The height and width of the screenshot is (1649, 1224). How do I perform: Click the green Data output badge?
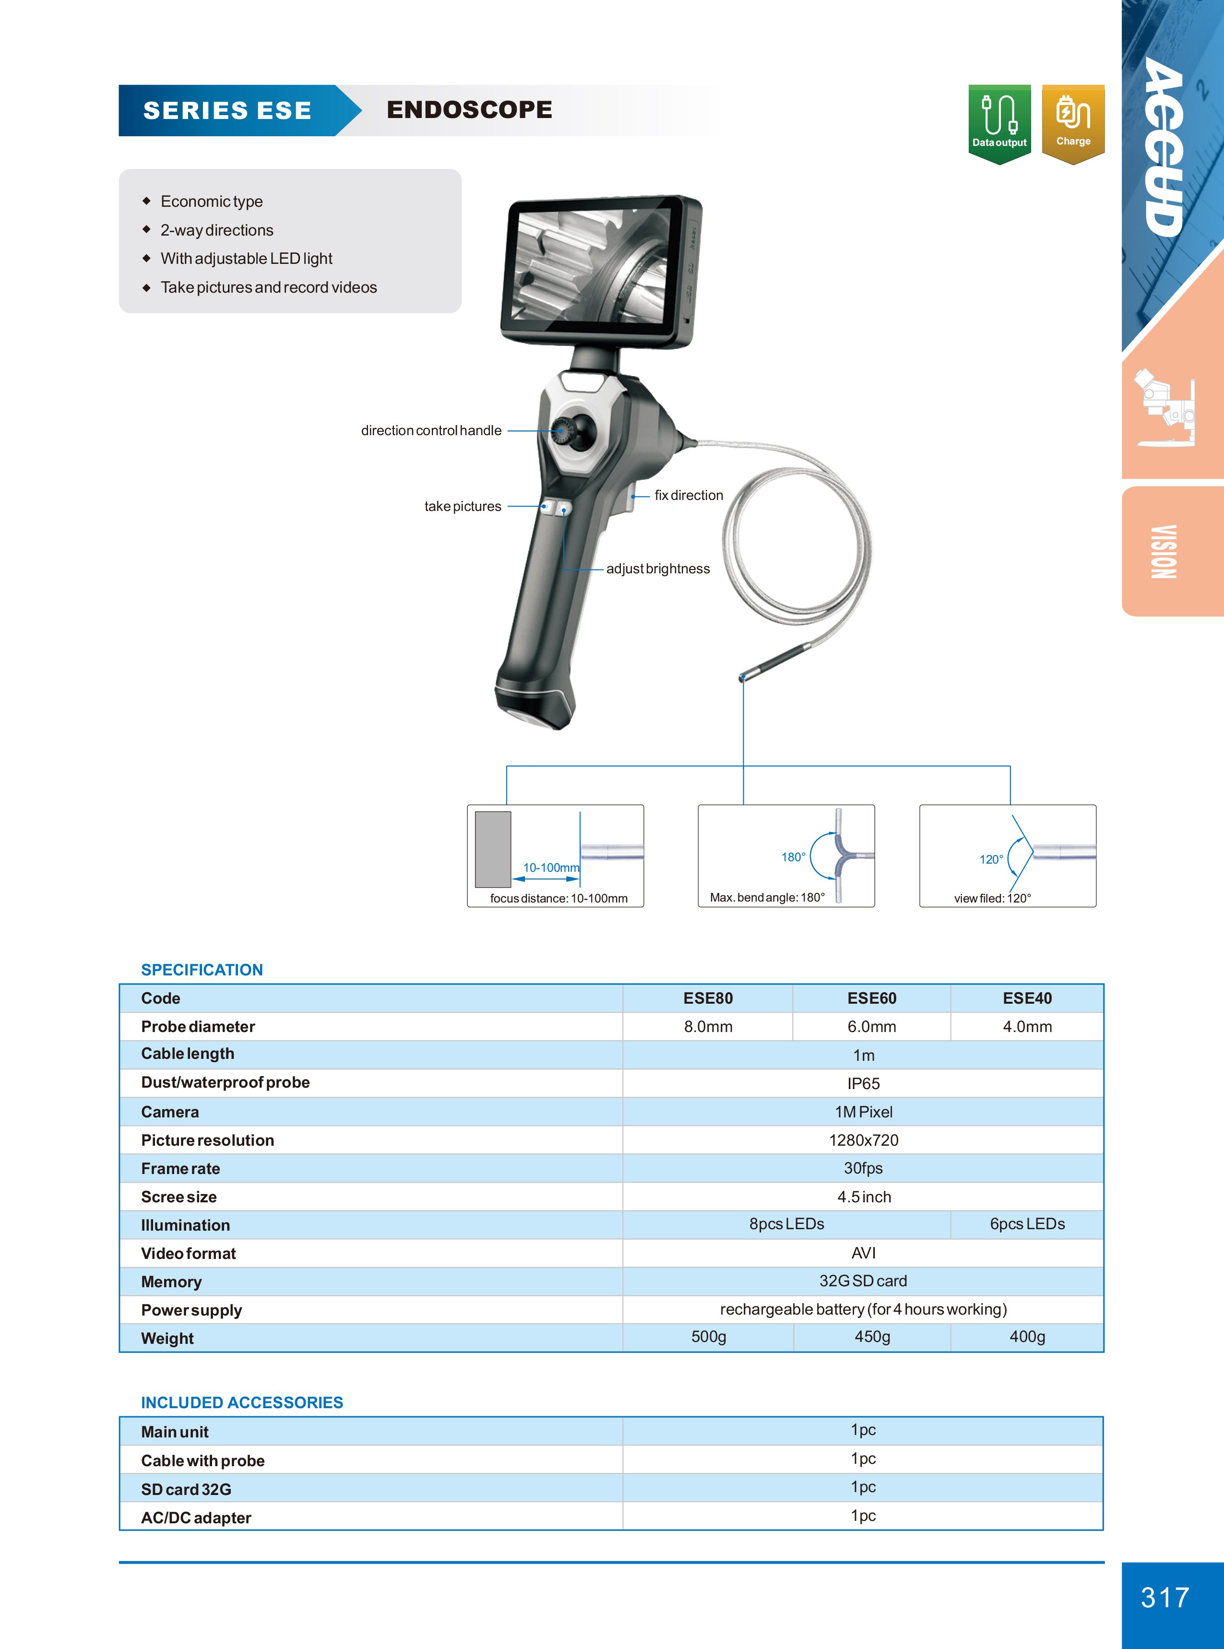coord(999,122)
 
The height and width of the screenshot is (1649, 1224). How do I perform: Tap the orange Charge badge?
coord(1072,122)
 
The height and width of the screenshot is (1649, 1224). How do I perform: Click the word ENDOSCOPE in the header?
coord(469,110)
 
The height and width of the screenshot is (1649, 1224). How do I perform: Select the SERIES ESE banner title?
coord(227,110)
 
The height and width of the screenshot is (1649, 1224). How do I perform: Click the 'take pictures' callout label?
coord(463,507)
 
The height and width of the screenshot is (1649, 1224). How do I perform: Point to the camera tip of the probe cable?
coord(742,677)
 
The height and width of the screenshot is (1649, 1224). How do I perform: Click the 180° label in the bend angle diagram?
coord(793,857)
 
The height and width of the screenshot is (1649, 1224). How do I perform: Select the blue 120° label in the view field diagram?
coord(991,859)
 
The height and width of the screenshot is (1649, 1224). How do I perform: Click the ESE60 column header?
coord(871,998)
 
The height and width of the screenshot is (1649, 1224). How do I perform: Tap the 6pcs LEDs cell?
coord(1027,1224)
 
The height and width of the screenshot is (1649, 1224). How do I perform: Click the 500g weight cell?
coord(708,1336)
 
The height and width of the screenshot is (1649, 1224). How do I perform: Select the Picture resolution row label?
coord(207,1140)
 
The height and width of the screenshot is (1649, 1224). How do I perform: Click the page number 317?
coord(1165,1597)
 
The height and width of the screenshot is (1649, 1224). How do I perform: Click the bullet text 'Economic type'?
coord(211,202)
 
